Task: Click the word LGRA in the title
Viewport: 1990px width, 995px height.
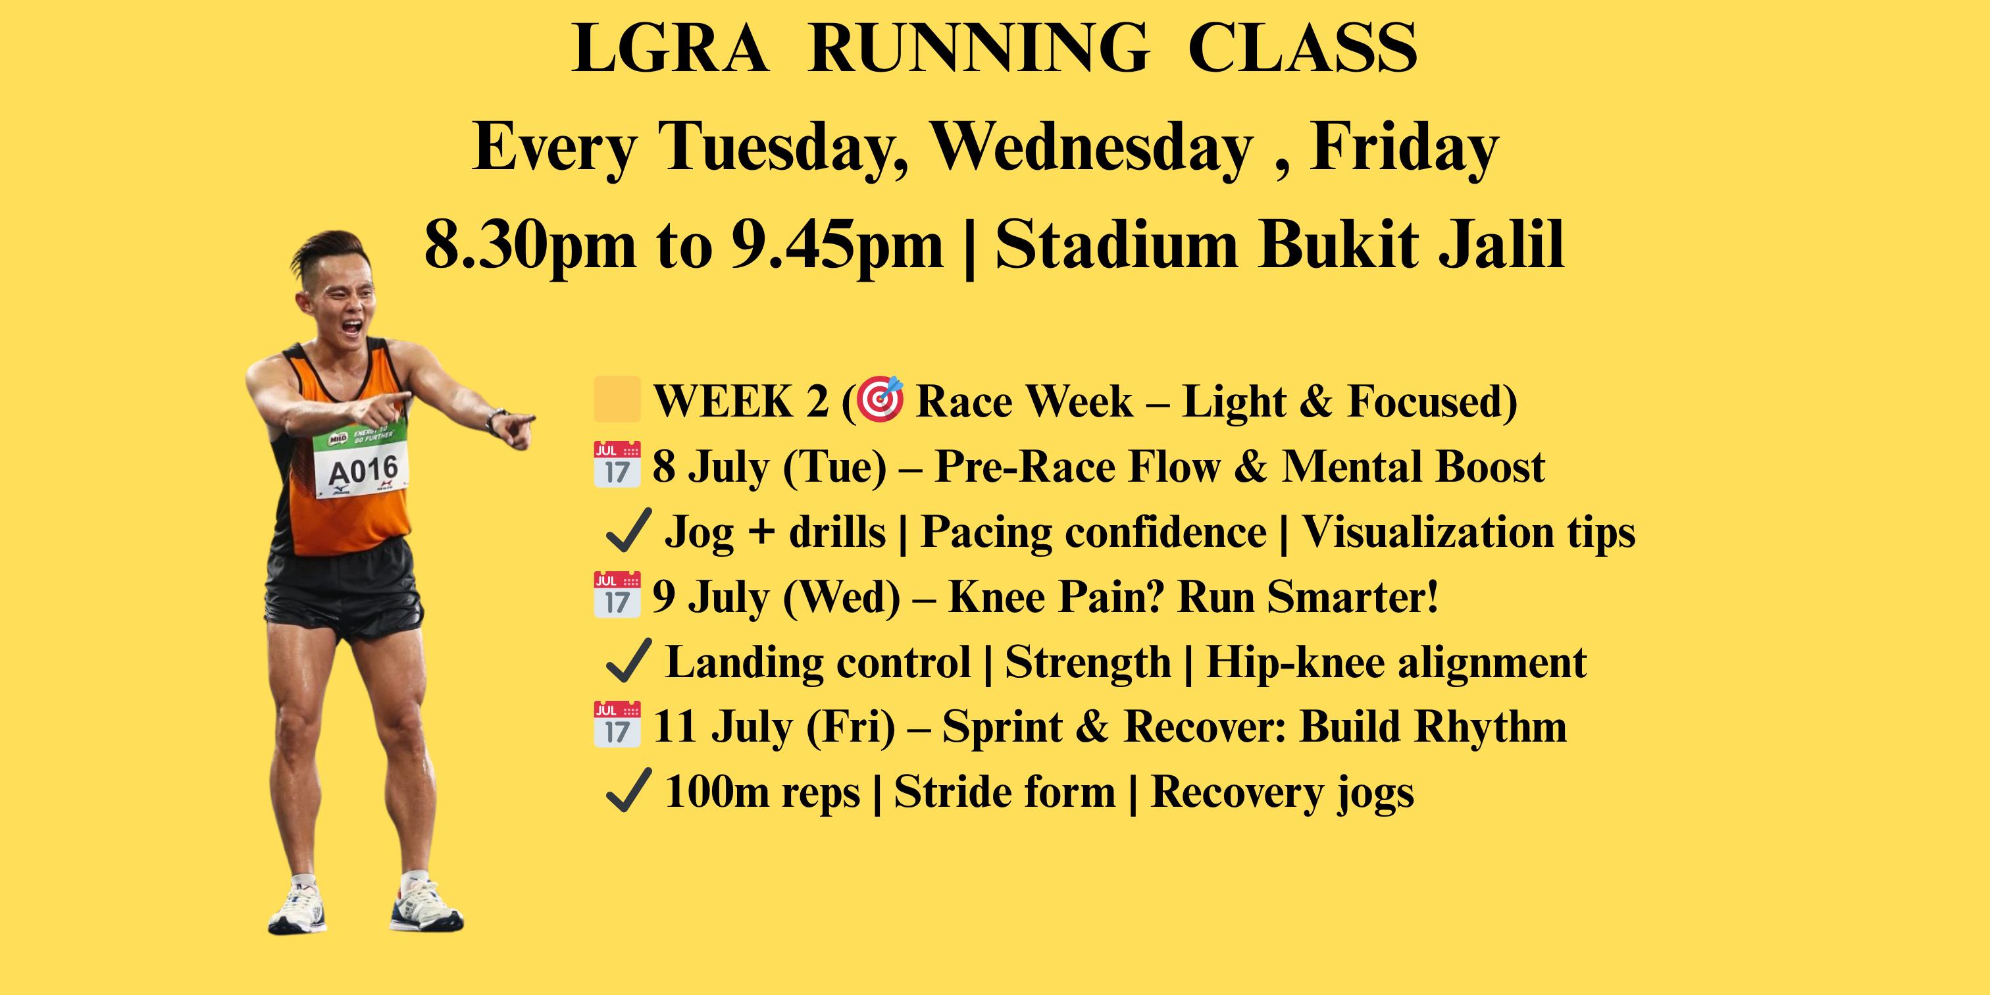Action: click(671, 49)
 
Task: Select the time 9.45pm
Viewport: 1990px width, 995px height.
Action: click(838, 245)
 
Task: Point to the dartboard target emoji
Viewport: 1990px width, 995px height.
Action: click(880, 399)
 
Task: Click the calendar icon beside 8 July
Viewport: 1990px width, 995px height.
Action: click(617, 465)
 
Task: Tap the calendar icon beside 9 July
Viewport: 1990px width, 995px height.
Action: click(617, 595)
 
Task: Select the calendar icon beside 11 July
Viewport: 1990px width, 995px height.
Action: click(617, 725)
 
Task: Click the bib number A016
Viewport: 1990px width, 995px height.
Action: click(363, 468)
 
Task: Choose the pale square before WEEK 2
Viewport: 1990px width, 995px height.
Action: click(617, 399)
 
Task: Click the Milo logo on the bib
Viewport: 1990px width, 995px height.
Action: click(338, 439)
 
